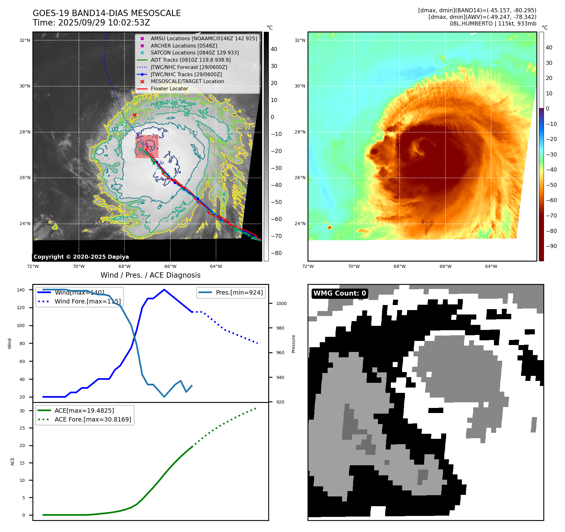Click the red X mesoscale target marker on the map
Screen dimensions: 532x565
click(135, 115)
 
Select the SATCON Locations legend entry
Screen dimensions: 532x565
click(195, 53)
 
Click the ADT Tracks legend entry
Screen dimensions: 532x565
click(191, 60)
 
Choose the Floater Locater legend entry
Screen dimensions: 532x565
click(169, 89)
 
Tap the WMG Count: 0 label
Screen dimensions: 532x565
click(340, 293)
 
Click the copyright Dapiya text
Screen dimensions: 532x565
click(81, 257)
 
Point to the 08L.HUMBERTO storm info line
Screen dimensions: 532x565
click(493, 24)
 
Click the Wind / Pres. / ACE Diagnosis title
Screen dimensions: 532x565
click(150, 275)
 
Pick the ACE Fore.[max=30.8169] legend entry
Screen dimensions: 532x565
click(93, 419)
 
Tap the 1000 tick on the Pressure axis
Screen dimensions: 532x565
click(281, 303)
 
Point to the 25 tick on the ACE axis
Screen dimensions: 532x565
click(22, 428)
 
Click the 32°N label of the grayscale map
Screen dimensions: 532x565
click(25, 40)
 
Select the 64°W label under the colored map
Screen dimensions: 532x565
click(491, 266)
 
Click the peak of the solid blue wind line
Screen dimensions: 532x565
click(164, 290)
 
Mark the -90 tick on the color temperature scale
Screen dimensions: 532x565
click(551, 246)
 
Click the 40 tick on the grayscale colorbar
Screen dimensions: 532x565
click(274, 49)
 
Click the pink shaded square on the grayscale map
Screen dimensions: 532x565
click(147, 147)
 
